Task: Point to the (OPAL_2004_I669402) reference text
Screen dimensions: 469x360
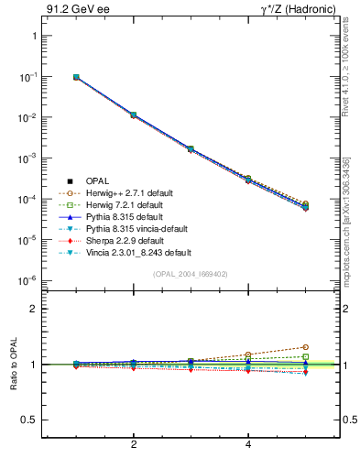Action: coord(189,273)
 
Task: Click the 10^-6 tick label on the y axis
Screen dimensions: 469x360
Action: coord(27,280)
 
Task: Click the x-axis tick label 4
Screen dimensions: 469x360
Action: coord(249,444)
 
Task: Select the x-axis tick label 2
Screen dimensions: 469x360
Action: coord(134,444)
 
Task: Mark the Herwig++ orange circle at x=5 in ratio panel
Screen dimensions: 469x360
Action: coord(306,347)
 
